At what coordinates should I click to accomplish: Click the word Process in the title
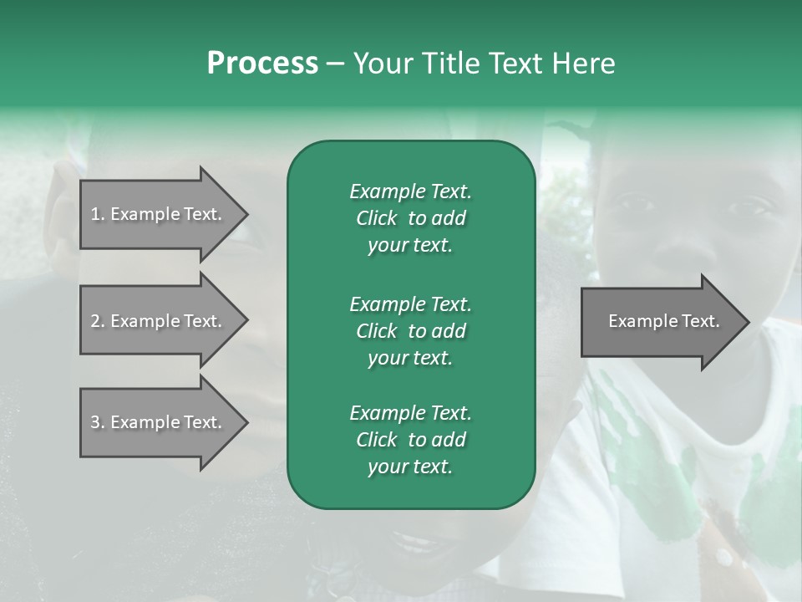click(x=262, y=64)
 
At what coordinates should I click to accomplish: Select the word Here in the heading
click(x=582, y=64)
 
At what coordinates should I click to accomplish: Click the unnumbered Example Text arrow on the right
click(x=663, y=321)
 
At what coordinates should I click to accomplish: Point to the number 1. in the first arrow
click(x=97, y=214)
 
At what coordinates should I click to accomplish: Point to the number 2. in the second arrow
click(x=97, y=321)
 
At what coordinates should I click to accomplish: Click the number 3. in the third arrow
click(x=97, y=422)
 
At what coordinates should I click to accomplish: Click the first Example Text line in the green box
click(x=410, y=191)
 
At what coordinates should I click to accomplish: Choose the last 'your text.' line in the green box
click(x=410, y=467)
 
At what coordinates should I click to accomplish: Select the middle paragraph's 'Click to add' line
click(x=410, y=331)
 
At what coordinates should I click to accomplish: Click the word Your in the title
click(x=382, y=64)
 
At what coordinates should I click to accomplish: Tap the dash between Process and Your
click(x=335, y=64)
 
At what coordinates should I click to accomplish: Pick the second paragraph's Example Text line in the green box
click(x=410, y=304)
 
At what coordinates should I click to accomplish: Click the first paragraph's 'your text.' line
click(x=410, y=246)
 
